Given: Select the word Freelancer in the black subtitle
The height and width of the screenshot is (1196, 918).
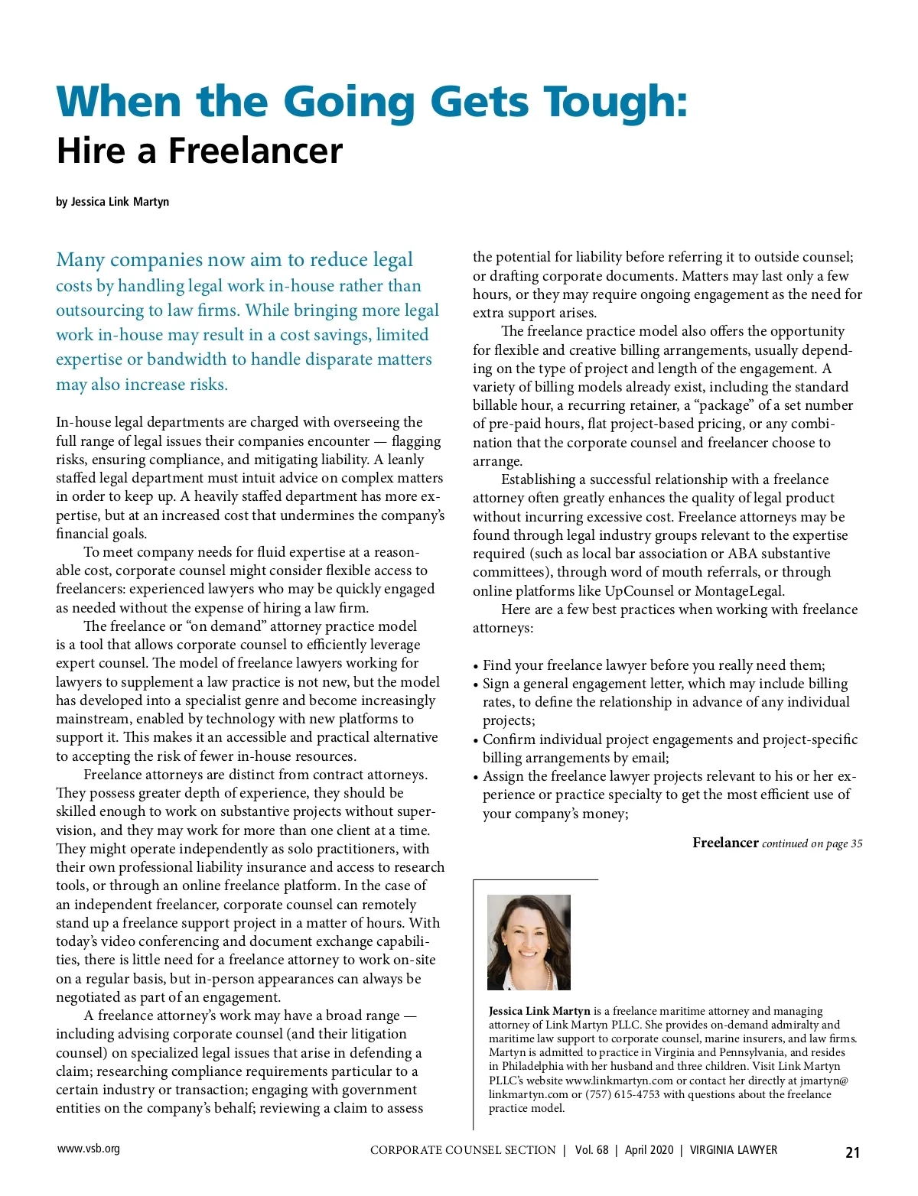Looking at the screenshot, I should [256, 151].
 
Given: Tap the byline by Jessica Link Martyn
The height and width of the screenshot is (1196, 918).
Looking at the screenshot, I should [112, 202].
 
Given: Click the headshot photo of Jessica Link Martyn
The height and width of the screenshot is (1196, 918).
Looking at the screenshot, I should [529, 942].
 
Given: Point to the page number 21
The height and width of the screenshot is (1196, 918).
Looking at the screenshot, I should [852, 1152].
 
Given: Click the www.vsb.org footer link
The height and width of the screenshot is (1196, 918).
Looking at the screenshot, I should [89, 1149].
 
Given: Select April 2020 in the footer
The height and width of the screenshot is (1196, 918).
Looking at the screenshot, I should [649, 1150].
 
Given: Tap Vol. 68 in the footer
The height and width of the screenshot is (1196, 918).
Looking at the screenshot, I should [591, 1150].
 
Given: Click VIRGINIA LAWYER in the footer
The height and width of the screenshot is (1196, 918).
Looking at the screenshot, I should [733, 1150].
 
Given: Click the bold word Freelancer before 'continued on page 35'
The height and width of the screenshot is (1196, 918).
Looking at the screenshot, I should [725, 843].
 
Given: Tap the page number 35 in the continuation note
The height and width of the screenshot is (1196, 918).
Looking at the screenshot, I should [856, 843].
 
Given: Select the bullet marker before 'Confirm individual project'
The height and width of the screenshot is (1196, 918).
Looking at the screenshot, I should [476, 740].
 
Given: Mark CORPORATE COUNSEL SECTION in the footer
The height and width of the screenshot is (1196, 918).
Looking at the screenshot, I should [463, 1150].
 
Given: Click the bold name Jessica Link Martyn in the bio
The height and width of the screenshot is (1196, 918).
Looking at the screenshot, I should [539, 1011].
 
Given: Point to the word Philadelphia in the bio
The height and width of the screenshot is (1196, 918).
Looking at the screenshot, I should [535, 1066].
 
